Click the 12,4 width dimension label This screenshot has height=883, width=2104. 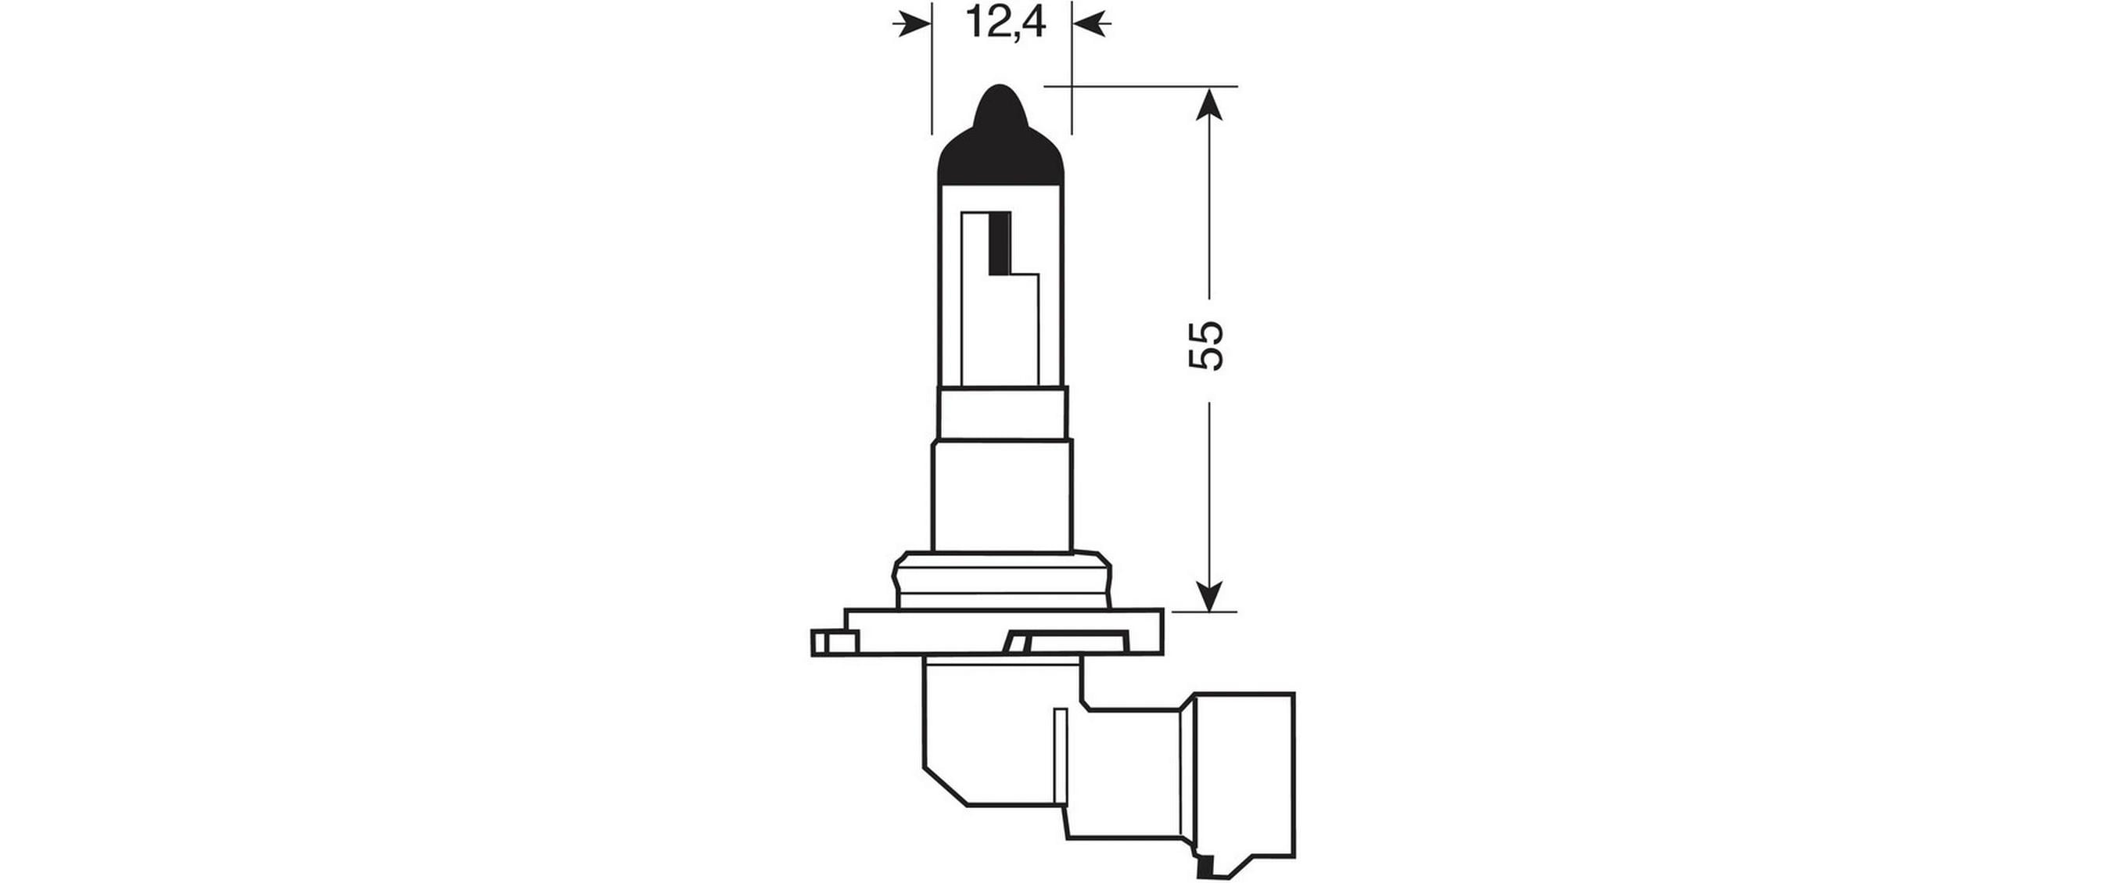pyautogui.click(x=1003, y=23)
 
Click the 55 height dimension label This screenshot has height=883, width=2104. pyautogui.click(x=1207, y=346)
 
